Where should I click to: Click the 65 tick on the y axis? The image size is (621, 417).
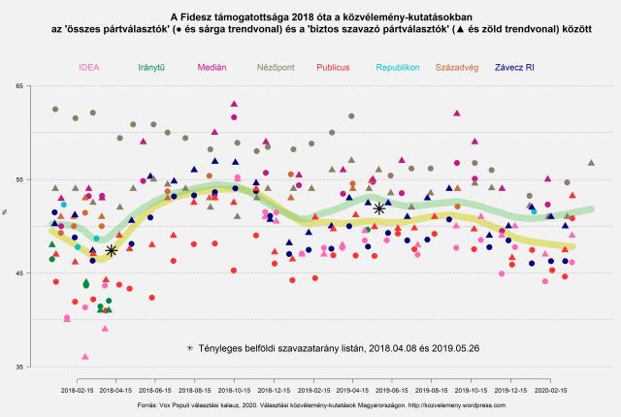(20, 87)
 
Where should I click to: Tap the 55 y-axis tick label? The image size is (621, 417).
(20, 180)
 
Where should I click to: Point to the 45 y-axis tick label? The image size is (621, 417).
(20, 274)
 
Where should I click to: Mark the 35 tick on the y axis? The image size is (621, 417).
(20, 368)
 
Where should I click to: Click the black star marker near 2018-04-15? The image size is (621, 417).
(111, 250)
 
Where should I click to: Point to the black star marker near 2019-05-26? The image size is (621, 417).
(379, 208)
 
